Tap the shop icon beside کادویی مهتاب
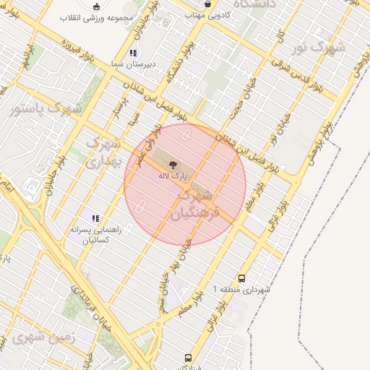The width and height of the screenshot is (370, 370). point(209,4)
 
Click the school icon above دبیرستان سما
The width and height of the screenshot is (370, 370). point(132,53)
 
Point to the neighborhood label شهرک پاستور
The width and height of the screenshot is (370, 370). point(48,109)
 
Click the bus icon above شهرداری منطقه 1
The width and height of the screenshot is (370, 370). point(241,277)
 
